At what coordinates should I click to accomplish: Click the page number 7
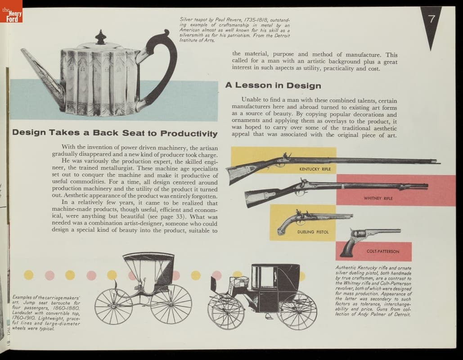point(432,19)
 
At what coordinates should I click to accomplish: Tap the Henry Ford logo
point(11,12)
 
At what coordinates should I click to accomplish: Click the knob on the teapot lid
point(100,37)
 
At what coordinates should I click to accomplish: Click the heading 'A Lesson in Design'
point(273,85)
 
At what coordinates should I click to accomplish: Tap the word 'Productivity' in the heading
point(189,134)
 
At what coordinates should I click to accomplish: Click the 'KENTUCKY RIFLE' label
point(315,169)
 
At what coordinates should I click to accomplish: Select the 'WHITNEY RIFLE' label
point(378,198)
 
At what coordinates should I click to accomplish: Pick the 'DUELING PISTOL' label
point(313,232)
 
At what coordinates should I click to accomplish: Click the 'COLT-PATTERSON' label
point(383,252)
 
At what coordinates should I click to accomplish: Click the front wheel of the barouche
point(113,307)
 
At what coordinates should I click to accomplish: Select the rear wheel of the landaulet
point(298,310)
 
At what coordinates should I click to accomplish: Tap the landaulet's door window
point(267,277)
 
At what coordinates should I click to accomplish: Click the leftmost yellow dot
point(29,275)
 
